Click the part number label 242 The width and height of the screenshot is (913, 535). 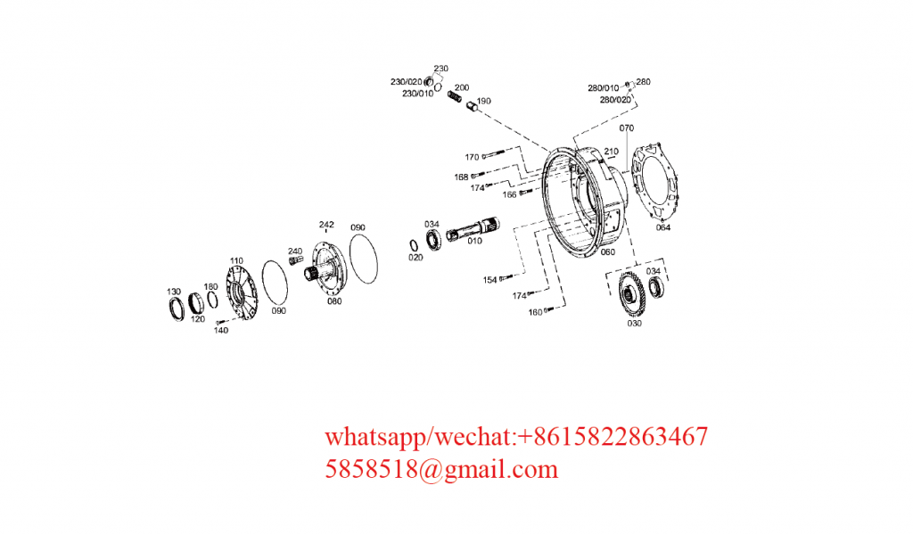[x=326, y=225]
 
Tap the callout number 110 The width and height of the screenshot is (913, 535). [x=236, y=260]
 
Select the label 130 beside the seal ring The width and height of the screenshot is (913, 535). [x=174, y=292]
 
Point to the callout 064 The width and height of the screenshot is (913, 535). [x=663, y=227]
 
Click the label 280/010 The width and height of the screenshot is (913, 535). [x=604, y=88]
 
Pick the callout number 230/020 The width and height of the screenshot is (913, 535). [x=406, y=82]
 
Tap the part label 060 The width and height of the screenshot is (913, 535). [x=607, y=252]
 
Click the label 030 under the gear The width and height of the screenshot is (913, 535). [x=634, y=323]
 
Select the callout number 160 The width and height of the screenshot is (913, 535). [x=535, y=313]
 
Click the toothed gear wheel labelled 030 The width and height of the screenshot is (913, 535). [x=631, y=294]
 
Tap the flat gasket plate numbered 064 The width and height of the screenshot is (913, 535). [x=655, y=180]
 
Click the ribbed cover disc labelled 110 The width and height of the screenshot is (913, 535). [x=241, y=292]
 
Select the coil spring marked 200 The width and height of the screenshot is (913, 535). [x=454, y=96]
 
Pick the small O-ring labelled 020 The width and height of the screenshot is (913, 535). [x=414, y=246]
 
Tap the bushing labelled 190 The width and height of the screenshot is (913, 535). [x=472, y=106]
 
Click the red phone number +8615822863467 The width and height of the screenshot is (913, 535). [x=612, y=437]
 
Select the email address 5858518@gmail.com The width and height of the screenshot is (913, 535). [x=441, y=469]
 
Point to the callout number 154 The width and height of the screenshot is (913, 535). [x=489, y=280]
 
